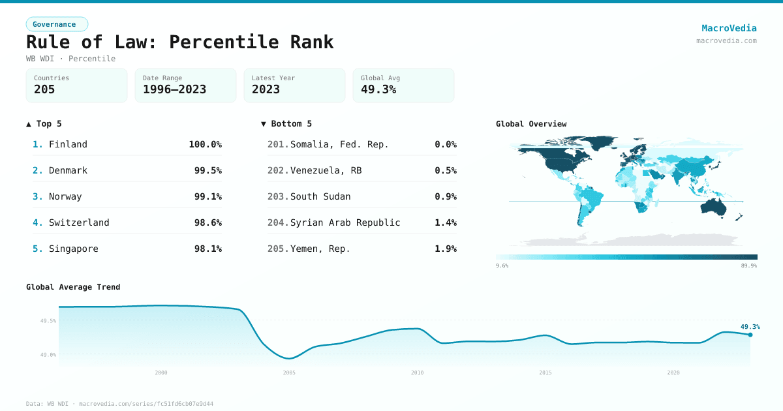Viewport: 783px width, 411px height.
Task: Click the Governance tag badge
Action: [x=57, y=24]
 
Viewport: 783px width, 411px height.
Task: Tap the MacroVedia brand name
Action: [x=729, y=28]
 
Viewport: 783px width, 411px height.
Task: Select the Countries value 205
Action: [x=44, y=89]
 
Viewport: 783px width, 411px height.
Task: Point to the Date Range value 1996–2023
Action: [x=174, y=89]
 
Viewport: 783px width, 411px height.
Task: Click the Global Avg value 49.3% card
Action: [x=403, y=85]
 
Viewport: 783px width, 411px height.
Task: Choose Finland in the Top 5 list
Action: [x=68, y=144]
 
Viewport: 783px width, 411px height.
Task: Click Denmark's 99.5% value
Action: [x=207, y=170]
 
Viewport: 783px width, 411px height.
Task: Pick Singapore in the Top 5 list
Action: [x=73, y=249]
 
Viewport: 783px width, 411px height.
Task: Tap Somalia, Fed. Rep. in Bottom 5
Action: [x=339, y=144]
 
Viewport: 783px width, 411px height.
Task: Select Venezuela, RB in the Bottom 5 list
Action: [x=326, y=170]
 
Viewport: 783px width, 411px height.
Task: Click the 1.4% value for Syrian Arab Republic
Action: [x=445, y=222]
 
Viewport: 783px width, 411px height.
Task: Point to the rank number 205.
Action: [x=277, y=249]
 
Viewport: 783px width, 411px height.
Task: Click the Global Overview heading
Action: [x=531, y=124]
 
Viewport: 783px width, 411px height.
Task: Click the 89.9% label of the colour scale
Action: [x=748, y=266]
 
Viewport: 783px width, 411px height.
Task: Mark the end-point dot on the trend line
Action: [x=750, y=335]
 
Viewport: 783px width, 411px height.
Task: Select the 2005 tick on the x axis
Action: [x=289, y=373]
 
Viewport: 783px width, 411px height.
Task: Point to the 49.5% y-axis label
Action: [x=48, y=321]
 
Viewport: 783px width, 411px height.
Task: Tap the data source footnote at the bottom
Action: [x=119, y=404]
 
